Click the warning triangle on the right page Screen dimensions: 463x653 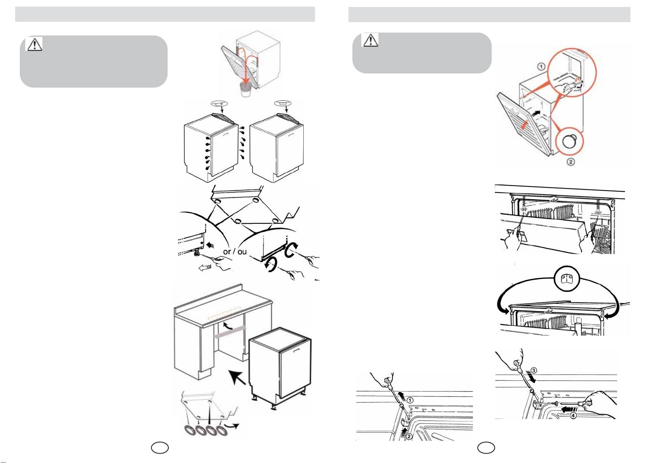[x=370, y=40]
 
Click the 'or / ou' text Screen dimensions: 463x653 [x=235, y=251]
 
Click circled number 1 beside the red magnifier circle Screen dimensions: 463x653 [x=541, y=67]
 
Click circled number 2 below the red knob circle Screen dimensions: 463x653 [x=571, y=162]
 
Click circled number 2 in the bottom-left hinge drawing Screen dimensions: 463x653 [x=409, y=436]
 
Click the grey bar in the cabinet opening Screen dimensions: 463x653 [x=230, y=334]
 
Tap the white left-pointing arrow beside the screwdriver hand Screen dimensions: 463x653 [x=204, y=267]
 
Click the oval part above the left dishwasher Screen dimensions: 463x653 [x=218, y=103]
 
